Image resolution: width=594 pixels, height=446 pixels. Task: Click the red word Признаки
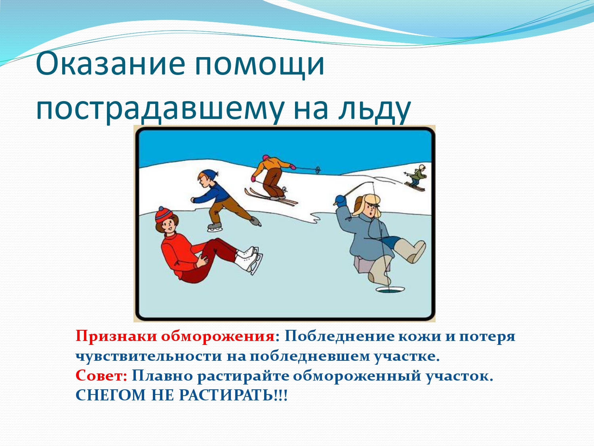116,337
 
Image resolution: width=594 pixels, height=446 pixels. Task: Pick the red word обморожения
218,337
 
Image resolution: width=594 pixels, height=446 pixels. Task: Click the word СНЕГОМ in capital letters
110,396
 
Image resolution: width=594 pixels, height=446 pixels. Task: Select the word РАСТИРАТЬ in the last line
226,396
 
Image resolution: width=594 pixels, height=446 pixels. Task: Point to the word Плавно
162,376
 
